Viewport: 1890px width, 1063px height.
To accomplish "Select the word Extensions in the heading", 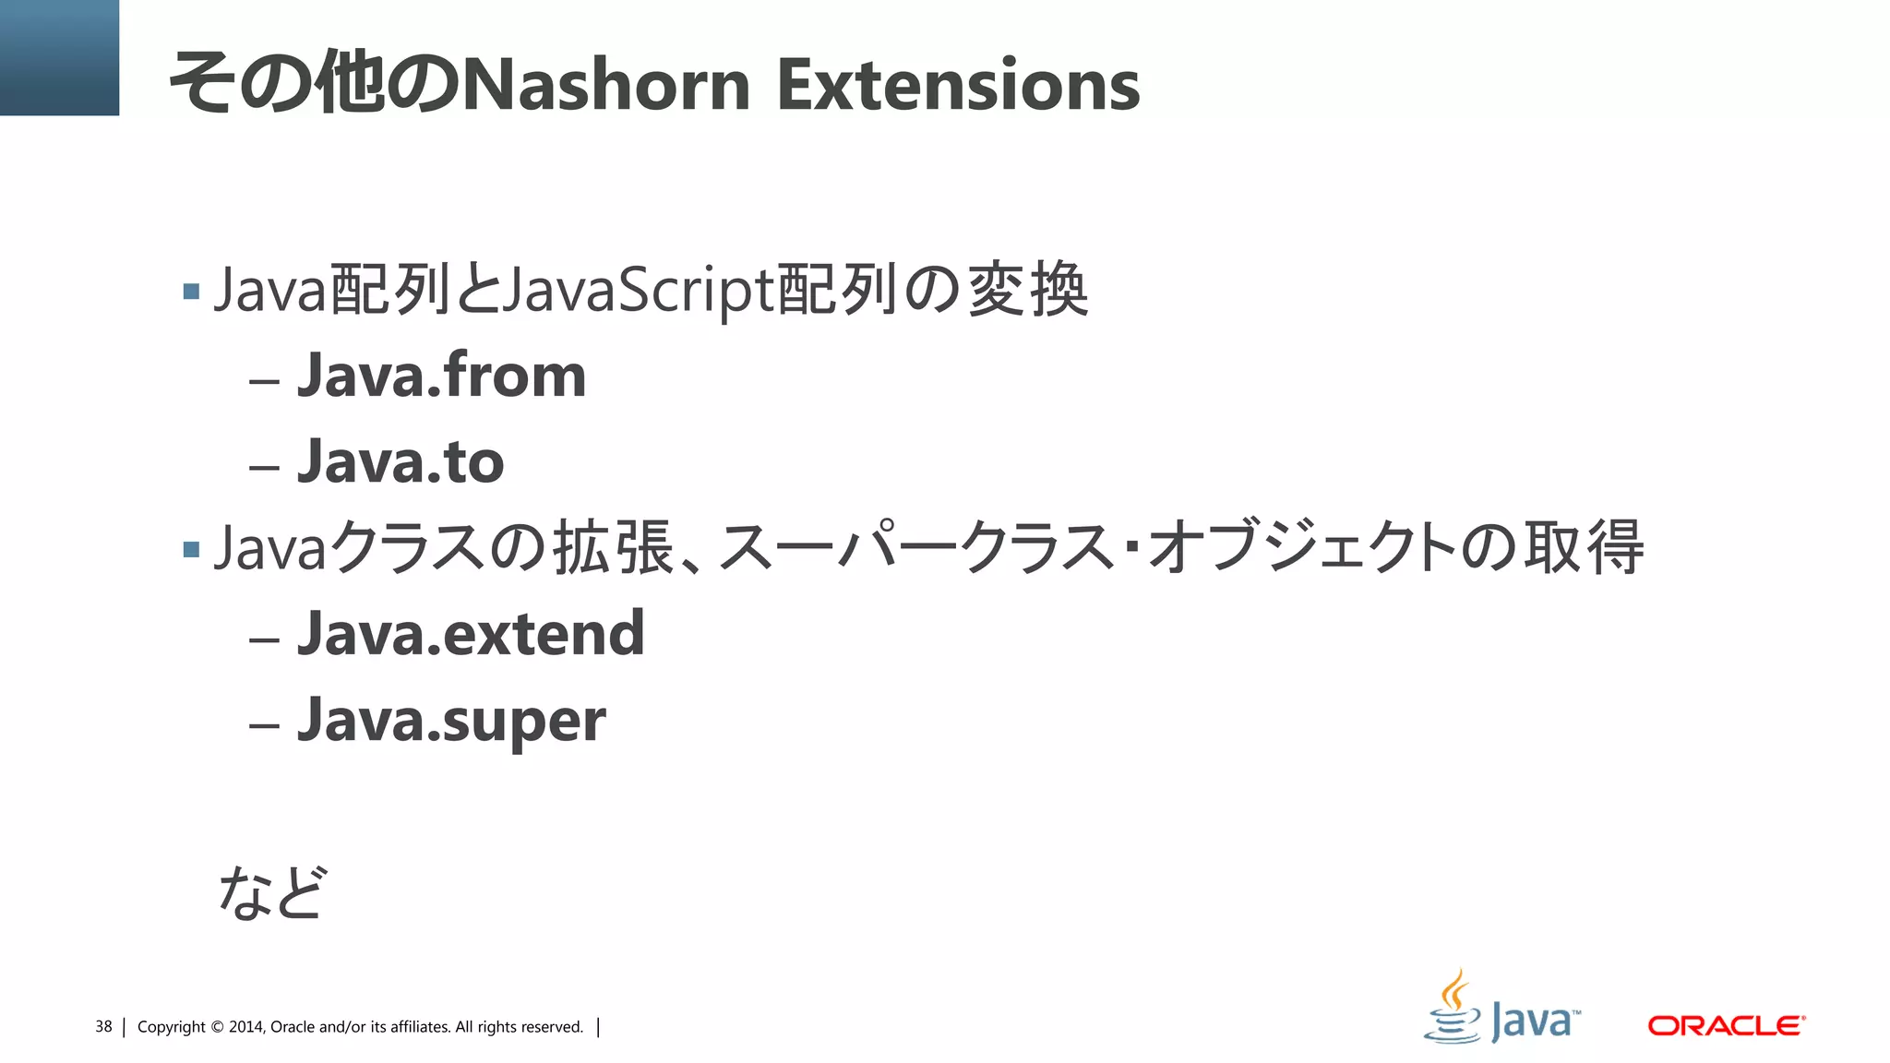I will tap(958, 85).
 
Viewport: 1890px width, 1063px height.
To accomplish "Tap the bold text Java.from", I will tap(441, 376).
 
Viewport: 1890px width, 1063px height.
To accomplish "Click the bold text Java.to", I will tap(401, 461).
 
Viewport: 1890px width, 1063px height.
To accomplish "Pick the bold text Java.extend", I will tap(471, 634).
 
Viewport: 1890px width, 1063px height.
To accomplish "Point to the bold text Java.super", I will tap(451, 721).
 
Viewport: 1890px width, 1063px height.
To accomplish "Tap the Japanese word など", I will tap(271, 892).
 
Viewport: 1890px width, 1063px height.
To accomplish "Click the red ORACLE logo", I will tap(1726, 1026).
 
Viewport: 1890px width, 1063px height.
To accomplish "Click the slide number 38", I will tap(103, 1027).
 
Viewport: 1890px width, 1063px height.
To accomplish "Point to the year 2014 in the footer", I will tap(245, 1027).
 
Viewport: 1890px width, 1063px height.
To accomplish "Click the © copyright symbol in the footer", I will tap(217, 1027).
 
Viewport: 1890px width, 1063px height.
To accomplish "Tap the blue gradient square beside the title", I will tap(59, 57).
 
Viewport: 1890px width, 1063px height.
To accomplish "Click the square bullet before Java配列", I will tap(192, 293).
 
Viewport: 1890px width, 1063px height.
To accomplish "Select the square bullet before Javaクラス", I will tap(192, 550).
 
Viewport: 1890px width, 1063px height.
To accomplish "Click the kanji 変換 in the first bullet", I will tap(1027, 290).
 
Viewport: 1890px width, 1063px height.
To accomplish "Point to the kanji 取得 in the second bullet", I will tap(1583, 547).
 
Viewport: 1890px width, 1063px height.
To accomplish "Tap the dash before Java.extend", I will tap(264, 639).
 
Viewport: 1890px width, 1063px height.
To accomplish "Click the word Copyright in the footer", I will tap(171, 1027).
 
